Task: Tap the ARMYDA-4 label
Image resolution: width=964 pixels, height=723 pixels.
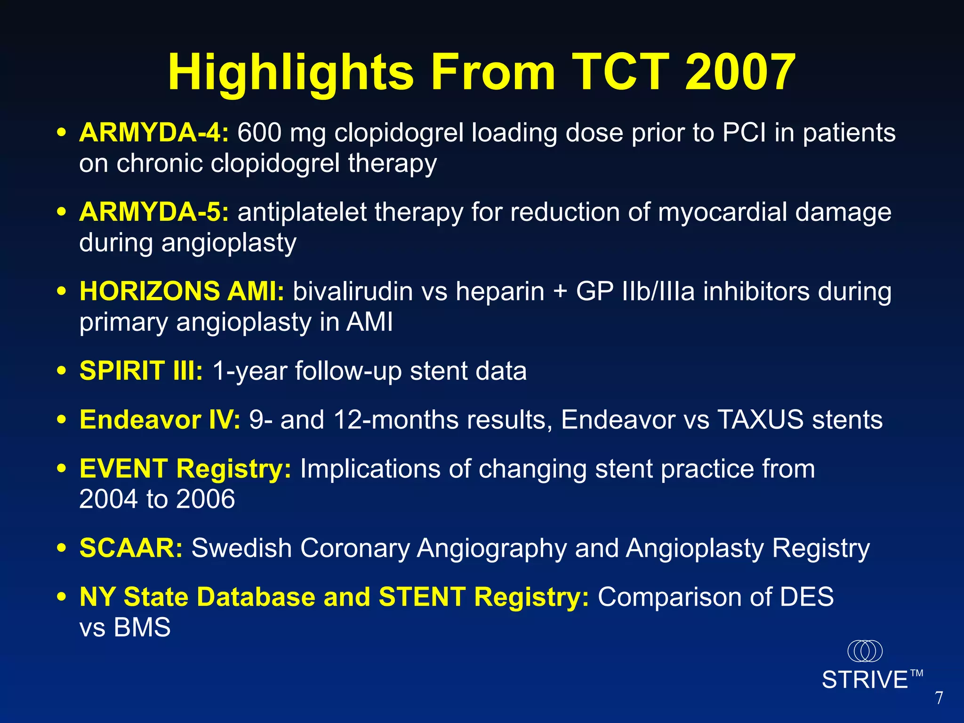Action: (154, 133)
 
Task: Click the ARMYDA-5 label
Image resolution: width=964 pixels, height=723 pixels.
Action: (154, 212)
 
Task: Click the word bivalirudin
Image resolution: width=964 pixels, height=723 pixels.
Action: (353, 291)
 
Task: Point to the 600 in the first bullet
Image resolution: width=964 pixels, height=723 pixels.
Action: (259, 133)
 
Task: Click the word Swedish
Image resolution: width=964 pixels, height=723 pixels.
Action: (241, 548)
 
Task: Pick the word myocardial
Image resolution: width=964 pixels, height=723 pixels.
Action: (722, 212)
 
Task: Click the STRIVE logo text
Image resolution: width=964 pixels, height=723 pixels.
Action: (865, 680)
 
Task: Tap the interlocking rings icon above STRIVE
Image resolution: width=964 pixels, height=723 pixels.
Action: (865, 651)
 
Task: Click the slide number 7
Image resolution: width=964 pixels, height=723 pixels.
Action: (939, 698)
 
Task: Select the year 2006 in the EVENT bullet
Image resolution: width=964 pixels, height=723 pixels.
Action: (205, 499)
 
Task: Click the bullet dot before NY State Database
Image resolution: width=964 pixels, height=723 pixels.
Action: (61, 597)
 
